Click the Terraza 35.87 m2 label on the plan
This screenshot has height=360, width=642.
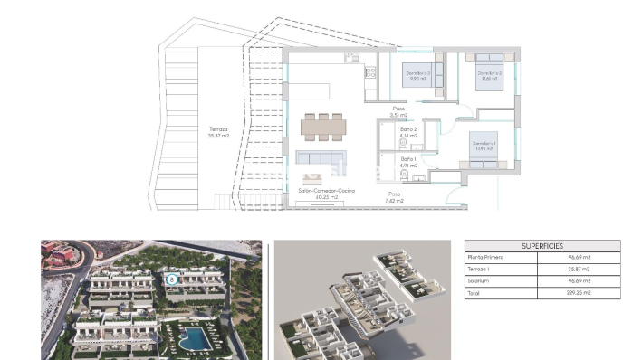pyautogui.click(x=218, y=132)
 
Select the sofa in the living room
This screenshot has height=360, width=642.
pyautogui.click(x=321, y=158)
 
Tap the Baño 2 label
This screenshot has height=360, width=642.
pyautogui.click(x=408, y=133)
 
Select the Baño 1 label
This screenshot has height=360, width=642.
pyautogui.click(x=408, y=163)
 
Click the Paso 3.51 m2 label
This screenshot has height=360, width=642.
pyautogui.click(x=398, y=112)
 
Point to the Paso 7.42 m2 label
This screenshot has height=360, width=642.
pyautogui.click(x=394, y=196)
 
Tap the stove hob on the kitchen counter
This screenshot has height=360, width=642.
pyautogui.click(x=369, y=71)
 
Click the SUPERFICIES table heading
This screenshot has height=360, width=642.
pyautogui.click(x=542, y=246)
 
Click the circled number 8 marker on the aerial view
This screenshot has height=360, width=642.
pyautogui.click(x=171, y=280)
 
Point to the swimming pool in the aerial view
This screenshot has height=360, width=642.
pyautogui.click(x=192, y=339)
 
